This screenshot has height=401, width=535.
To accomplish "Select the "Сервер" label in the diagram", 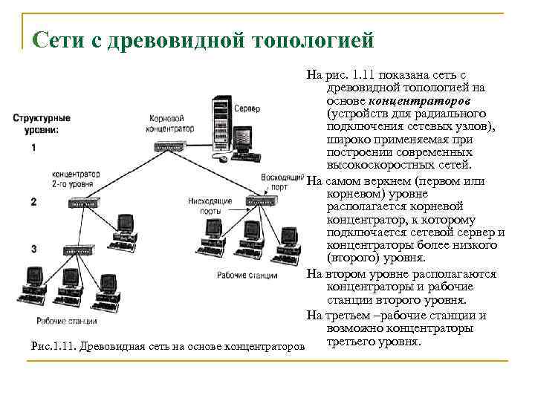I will pyautogui.click(x=247, y=108).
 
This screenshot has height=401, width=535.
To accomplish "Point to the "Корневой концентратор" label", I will pyautogui.click(x=171, y=123).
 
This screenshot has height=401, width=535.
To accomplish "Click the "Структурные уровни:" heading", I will pyautogui.click(x=42, y=123).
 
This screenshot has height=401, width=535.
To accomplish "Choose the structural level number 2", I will pyautogui.click(x=34, y=201).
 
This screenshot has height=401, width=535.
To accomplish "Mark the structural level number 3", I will pyautogui.click(x=34, y=247).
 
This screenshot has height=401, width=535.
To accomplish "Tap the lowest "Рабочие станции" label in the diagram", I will pyautogui.click(x=66, y=321).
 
